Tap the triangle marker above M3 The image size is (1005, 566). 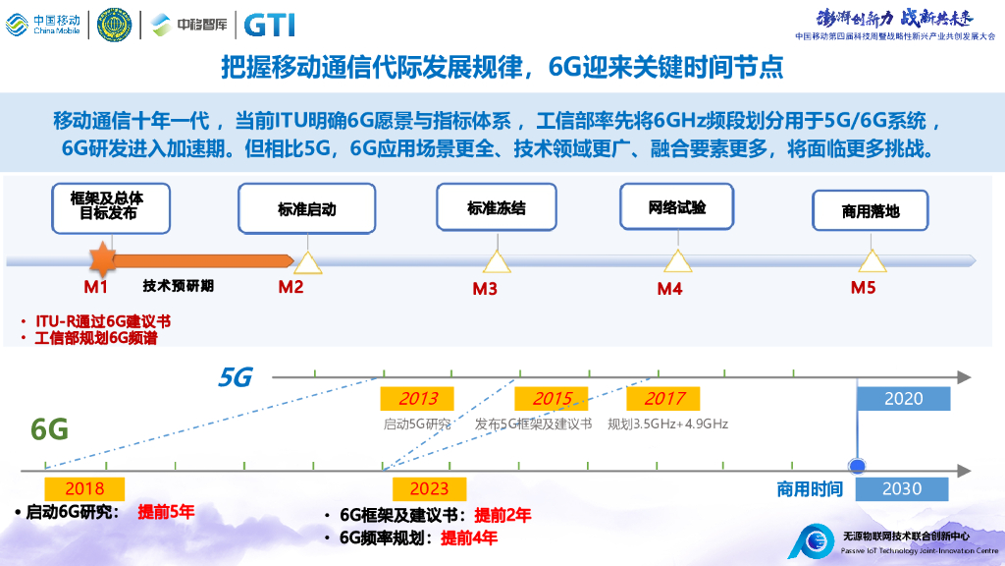(x=497, y=261)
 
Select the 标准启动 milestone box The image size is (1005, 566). (x=307, y=209)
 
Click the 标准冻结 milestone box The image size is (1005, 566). (x=497, y=208)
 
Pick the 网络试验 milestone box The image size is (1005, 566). (x=677, y=207)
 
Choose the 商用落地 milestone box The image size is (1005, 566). (x=870, y=210)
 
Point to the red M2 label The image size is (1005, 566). (x=291, y=287)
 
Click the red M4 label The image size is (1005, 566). (x=669, y=288)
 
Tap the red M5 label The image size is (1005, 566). (x=863, y=287)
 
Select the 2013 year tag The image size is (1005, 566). (x=419, y=398)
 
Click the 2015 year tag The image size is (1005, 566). (x=553, y=398)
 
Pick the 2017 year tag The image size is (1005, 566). (x=664, y=398)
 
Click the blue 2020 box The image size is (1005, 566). (x=903, y=399)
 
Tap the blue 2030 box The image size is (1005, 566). (x=902, y=488)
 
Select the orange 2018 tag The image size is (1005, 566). (x=84, y=488)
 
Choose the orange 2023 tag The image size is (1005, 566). (x=429, y=488)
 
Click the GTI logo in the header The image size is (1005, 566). (x=269, y=26)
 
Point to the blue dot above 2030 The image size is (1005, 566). (x=859, y=466)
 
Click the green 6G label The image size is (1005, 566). (x=49, y=429)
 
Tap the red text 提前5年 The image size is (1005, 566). (x=167, y=512)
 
